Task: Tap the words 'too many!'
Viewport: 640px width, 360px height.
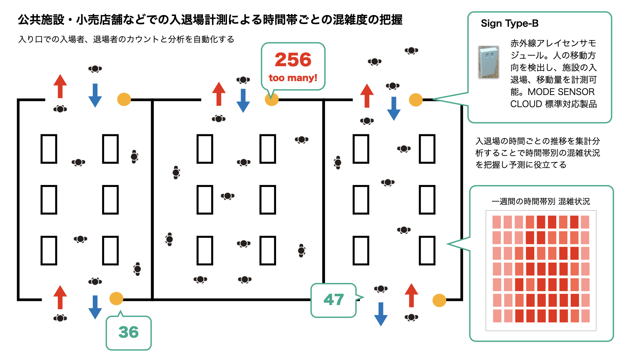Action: [293, 78]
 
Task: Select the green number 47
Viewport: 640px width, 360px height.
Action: [333, 299]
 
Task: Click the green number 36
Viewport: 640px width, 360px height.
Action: [128, 332]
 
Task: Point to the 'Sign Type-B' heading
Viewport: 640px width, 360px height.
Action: [509, 23]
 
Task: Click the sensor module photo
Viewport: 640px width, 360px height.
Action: [489, 62]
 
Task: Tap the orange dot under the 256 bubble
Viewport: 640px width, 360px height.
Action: [272, 99]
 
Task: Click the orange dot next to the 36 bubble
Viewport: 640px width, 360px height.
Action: [116, 298]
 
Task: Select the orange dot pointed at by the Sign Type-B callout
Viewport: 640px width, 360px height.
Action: [416, 100]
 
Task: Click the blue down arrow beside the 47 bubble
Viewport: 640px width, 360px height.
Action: [381, 314]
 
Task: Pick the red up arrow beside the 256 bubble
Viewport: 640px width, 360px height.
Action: [219, 94]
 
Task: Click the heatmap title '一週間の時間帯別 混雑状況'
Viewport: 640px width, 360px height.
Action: [540, 201]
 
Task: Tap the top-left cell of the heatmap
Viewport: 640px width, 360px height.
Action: [497, 222]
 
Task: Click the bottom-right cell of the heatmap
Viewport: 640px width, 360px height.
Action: [585, 316]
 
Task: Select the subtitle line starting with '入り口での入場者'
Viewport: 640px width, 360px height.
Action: [126, 39]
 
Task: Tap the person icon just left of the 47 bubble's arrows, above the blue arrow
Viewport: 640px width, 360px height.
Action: [381, 289]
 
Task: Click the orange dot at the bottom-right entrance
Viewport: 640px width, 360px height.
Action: [439, 300]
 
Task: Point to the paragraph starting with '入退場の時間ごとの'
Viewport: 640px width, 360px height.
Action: [537, 153]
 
